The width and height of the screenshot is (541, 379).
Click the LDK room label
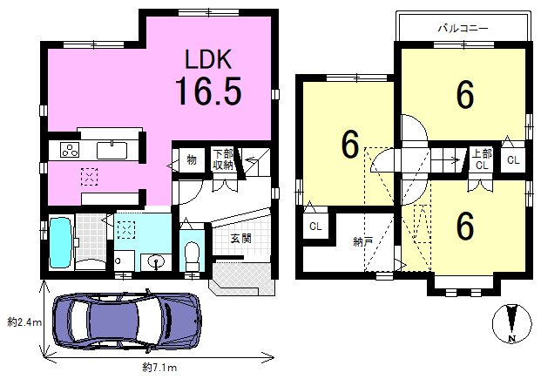tap(208, 59)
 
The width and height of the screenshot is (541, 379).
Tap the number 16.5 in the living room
tap(208, 91)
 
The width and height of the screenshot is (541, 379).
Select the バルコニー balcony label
tap(463, 28)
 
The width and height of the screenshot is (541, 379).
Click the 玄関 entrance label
tap(240, 238)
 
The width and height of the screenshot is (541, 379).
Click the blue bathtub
tap(61, 242)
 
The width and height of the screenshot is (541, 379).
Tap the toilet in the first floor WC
tap(192, 256)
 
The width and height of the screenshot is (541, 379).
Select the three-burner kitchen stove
tap(70, 150)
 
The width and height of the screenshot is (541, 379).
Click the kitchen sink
tap(112, 151)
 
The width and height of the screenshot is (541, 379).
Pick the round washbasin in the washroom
tap(157, 261)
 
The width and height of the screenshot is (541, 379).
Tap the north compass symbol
tap(511, 323)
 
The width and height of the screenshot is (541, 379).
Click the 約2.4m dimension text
tap(25, 322)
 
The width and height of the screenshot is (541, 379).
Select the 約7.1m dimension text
tap(159, 368)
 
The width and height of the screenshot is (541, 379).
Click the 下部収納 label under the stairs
tap(223, 159)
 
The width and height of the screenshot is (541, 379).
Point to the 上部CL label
tap(482, 159)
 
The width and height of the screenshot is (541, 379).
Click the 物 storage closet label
tap(192, 159)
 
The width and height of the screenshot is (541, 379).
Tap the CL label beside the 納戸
tap(315, 227)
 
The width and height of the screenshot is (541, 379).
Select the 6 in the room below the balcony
tap(464, 95)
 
